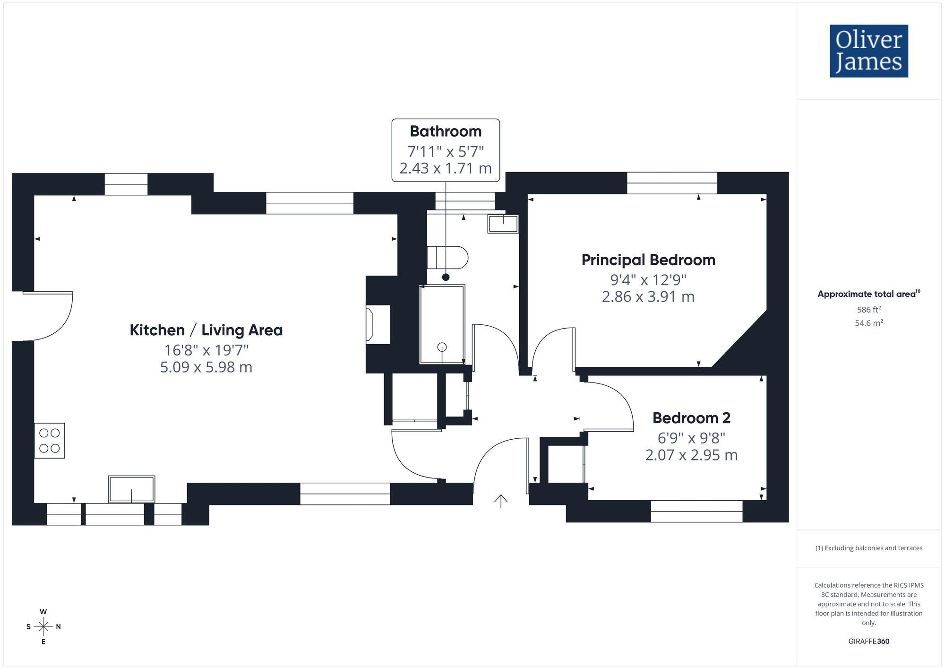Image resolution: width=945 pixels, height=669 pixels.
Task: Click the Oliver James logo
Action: click(868, 51)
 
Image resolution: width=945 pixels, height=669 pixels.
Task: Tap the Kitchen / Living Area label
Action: click(206, 330)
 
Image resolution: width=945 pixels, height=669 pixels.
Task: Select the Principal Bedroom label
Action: click(648, 260)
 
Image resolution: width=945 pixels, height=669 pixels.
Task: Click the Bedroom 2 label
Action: click(691, 418)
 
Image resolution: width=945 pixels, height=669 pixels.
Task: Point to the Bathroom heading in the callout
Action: click(446, 131)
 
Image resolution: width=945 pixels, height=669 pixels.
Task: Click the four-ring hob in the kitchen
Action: click(50, 440)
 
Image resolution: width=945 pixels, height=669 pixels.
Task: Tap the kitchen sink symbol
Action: click(131, 489)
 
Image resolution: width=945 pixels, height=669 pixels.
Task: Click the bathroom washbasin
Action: click(503, 224)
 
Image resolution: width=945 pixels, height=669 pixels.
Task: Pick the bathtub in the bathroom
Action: click(442, 324)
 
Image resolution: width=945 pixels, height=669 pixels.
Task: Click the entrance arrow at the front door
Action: click(501, 500)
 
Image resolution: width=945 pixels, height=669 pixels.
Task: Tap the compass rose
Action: click(43, 627)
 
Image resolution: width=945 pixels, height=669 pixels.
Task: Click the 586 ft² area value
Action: click(868, 310)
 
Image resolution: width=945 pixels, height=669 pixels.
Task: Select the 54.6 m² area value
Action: click(868, 323)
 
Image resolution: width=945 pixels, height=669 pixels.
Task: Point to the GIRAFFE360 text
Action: click(868, 641)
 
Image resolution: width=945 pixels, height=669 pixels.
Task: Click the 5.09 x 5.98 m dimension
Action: click(206, 367)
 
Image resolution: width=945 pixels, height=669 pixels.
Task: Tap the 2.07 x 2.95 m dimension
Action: click(691, 455)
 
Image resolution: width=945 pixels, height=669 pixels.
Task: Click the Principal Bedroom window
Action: click(671, 183)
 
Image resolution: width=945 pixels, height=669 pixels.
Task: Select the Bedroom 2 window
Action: click(696, 511)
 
